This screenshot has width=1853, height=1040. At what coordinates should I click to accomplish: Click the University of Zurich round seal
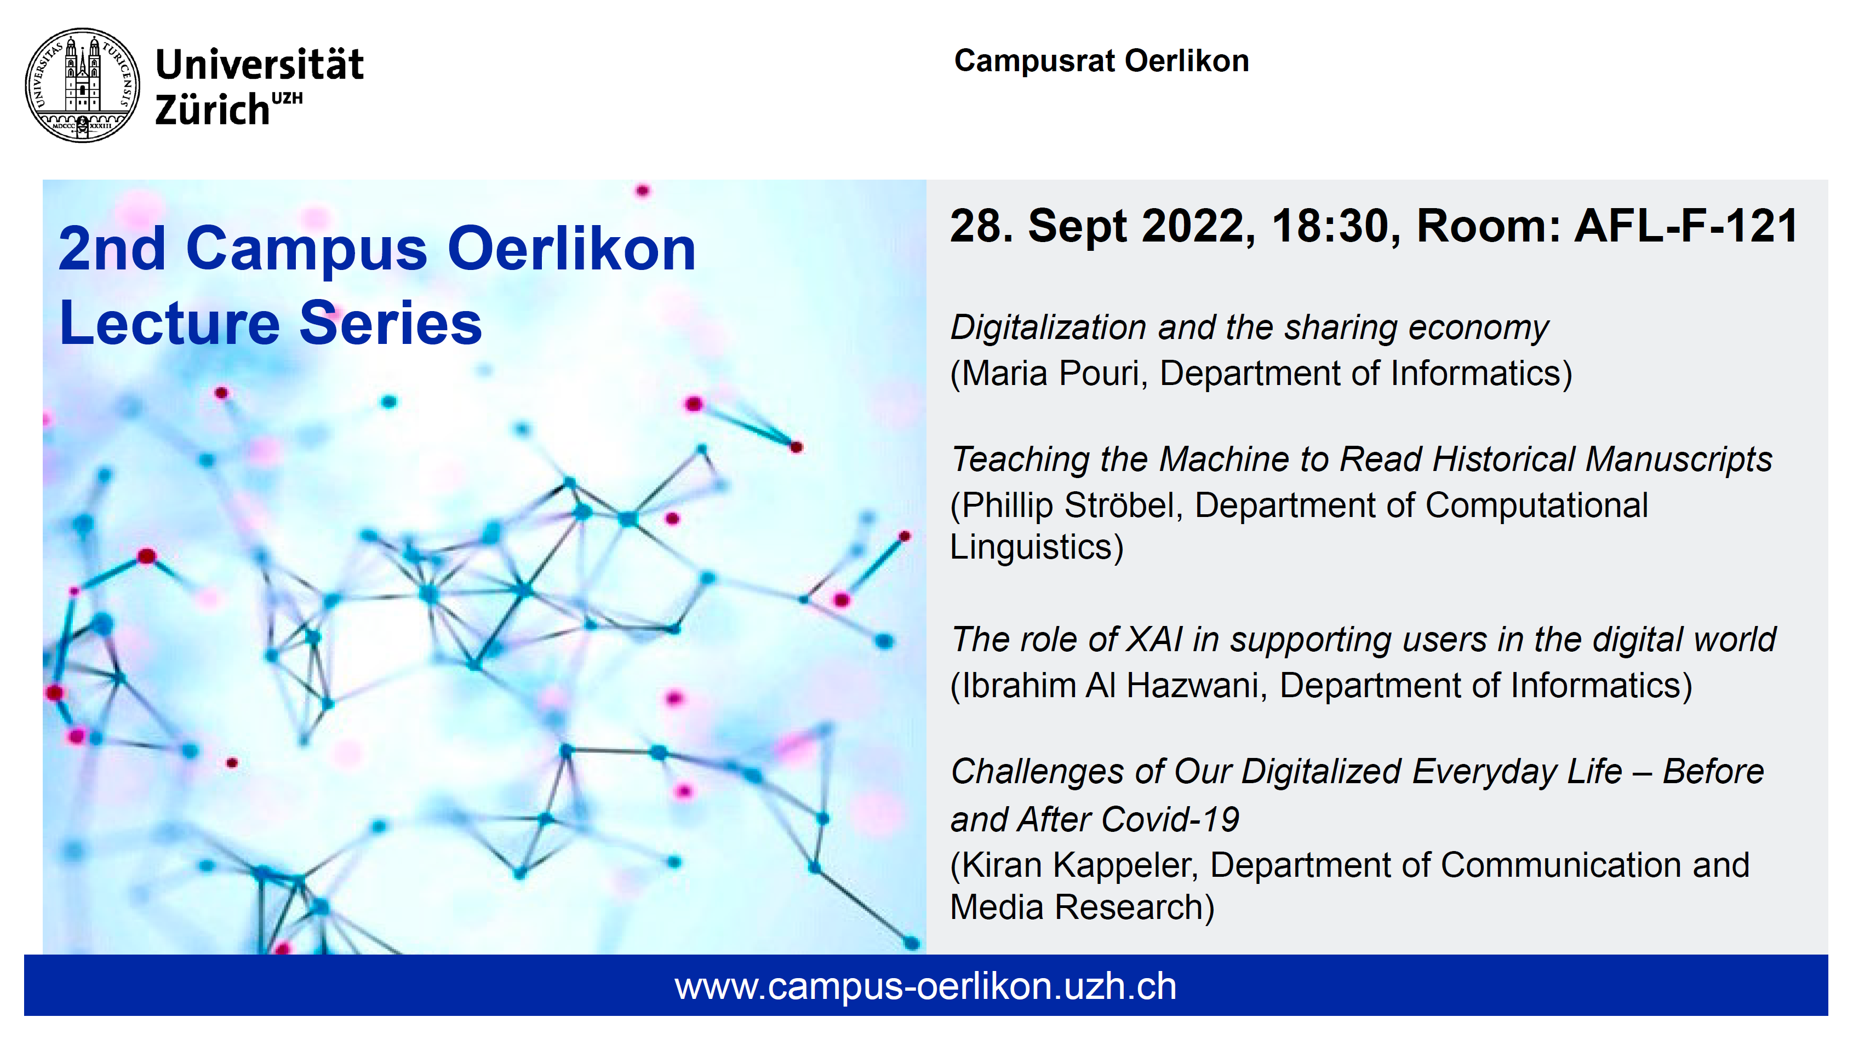pos(83,85)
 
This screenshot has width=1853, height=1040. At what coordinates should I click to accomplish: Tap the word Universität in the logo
pos(260,64)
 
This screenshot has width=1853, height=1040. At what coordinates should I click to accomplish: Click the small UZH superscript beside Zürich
pos(287,98)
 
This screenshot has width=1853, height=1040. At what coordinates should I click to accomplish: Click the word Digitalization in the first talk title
pos(1048,328)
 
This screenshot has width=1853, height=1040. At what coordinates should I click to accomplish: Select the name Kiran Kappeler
pos(1080,865)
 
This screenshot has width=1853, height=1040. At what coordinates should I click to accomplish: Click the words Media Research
pos(1077,907)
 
